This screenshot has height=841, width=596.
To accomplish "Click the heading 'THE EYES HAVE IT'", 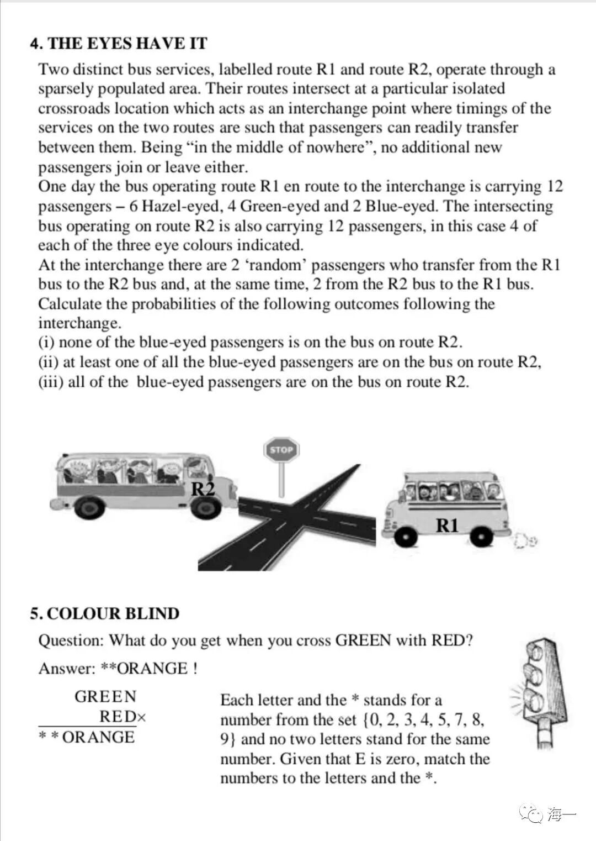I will click(127, 43).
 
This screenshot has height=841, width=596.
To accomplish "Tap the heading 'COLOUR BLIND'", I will click(113, 614).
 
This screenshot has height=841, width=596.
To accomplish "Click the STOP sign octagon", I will click(281, 449).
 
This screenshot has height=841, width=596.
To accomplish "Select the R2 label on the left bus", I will click(203, 488).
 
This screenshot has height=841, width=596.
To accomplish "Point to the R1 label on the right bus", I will click(447, 525).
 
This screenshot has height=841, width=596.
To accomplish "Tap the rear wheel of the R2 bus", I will click(89, 507).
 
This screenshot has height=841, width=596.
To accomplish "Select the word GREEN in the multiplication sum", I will click(105, 697).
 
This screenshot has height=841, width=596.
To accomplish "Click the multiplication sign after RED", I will click(142, 718).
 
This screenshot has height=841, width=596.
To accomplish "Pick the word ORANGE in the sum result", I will click(98, 737).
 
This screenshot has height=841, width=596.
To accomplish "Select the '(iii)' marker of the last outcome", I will click(50, 382).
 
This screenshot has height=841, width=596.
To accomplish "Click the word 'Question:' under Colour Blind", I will click(71, 641).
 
